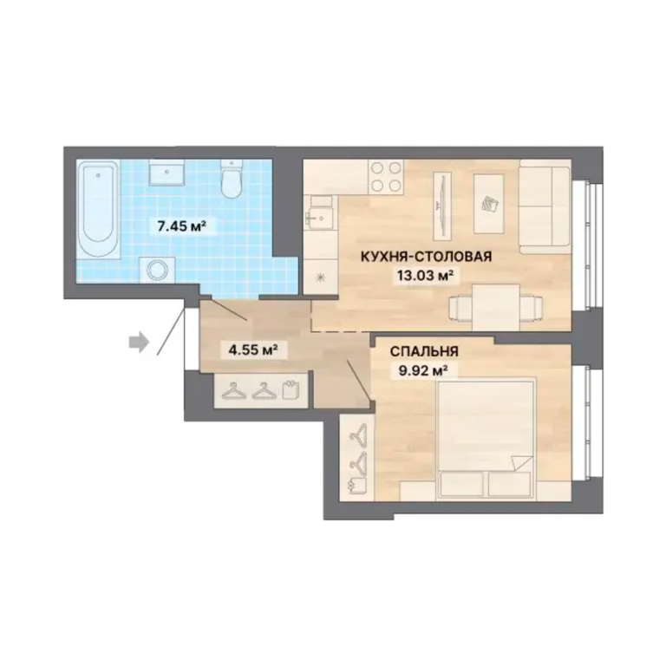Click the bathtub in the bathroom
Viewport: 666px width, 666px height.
pos(99,208)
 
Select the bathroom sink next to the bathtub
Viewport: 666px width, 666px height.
pos(166,173)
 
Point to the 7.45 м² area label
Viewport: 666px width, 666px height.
pos(182,226)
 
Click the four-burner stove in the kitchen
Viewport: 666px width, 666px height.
pos(386,176)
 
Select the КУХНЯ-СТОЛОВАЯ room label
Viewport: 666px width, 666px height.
pos(426,257)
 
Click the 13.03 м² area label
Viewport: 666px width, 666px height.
pos(423,276)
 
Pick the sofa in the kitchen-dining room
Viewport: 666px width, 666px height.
pos(545,208)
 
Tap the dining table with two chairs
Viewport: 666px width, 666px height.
pos(496,308)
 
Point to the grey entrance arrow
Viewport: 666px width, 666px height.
pos(140,342)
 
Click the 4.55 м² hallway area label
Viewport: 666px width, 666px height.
pos(253,350)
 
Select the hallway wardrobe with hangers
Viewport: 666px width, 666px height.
pos(261,391)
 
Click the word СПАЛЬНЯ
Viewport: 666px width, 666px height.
pos(424,352)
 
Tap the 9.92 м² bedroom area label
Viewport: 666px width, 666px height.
pos(422,372)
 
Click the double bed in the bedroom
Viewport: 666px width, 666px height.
pos(486,438)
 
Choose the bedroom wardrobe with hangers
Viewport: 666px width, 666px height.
pos(357,458)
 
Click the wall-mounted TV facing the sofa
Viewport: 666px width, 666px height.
pos(442,206)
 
